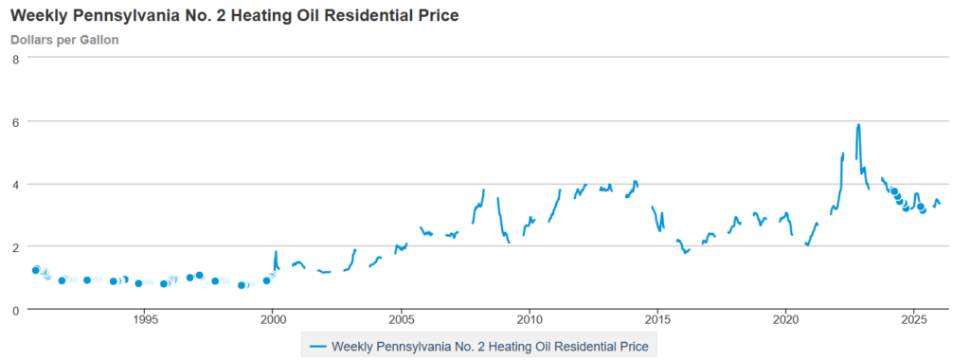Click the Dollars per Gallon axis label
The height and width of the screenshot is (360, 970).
(64, 40)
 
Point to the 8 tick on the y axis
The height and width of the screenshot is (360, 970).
(15, 59)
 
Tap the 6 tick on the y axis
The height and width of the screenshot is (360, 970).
(15, 121)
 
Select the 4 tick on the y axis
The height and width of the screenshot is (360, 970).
(15, 184)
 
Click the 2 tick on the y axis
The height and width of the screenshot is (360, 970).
(15, 246)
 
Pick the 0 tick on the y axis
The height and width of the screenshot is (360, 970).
(15, 310)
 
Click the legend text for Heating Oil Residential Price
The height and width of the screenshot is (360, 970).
(490, 347)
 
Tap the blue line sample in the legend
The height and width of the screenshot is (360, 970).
(318, 347)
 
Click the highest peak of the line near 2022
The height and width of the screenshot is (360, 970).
(858, 124)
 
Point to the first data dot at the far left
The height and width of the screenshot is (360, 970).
(36, 270)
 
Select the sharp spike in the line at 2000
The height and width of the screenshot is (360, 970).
(277, 252)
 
